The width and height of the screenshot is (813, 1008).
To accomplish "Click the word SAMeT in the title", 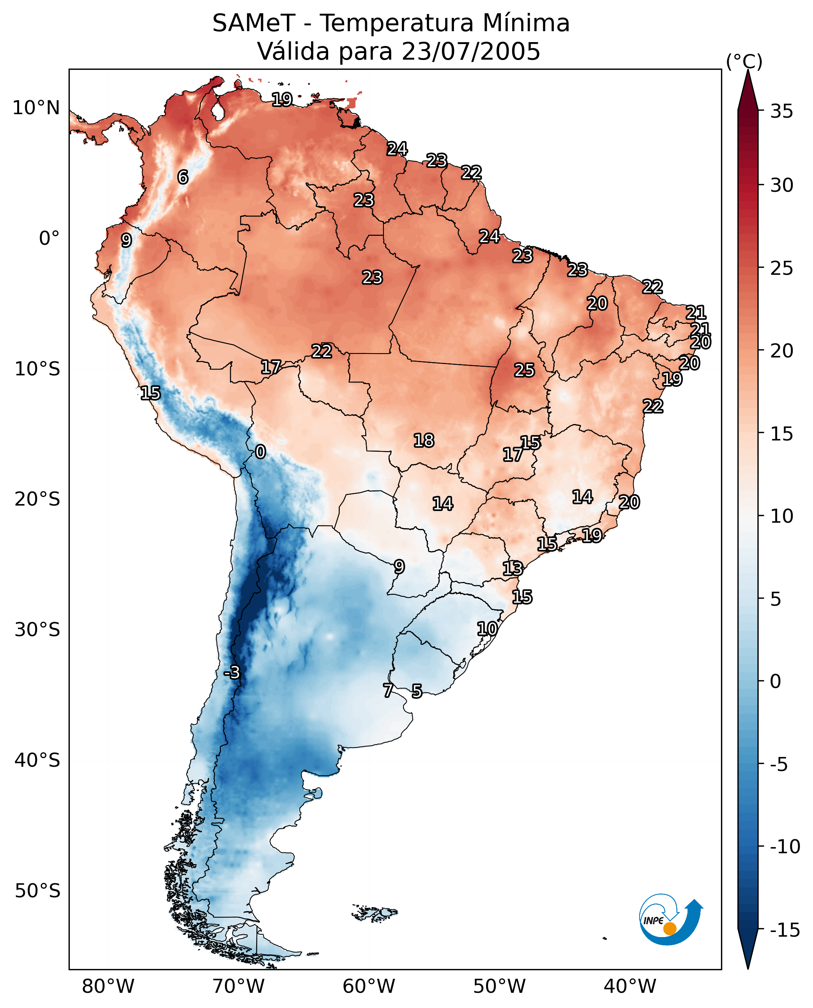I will coord(254,23).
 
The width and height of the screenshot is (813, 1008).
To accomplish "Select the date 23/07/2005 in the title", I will coord(471,51).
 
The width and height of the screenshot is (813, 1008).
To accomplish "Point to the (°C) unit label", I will coord(744,61).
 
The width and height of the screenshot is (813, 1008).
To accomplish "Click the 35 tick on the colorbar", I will coord(781,111).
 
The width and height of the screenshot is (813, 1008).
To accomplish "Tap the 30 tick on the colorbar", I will coord(781,186).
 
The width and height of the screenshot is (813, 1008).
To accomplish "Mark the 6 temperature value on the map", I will coord(183,177).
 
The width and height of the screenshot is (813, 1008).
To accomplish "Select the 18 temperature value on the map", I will coord(424,440).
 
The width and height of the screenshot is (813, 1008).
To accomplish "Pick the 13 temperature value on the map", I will coord(513,569).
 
